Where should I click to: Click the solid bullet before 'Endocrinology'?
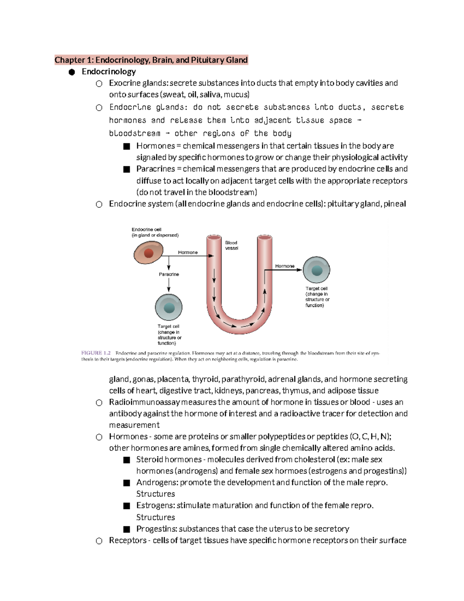point(71,72)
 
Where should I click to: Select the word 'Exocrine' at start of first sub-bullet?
point(125,83)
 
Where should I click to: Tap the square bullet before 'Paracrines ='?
point(126,170)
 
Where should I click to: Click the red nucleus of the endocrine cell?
point(149,253)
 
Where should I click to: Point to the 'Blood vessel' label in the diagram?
point(231,245)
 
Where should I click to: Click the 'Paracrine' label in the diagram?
point(169,274)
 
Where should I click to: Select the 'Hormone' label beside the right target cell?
point(285,266)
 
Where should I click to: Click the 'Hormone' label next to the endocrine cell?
point(188,252)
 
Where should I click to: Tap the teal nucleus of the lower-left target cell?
point(169,308)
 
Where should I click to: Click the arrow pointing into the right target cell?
point(298,270)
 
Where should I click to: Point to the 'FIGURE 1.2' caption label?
point(96,353)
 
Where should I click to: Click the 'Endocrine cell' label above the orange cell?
point(147,229)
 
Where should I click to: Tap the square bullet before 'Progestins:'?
point(126,529)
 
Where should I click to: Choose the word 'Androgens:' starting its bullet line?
point(157,483)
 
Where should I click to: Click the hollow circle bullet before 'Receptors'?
point(99,541)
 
